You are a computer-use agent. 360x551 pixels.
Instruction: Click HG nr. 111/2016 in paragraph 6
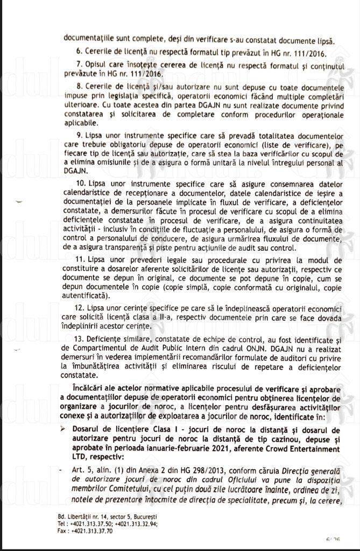pos(295,53)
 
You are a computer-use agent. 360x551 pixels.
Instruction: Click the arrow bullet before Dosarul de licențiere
pos(64,430)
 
